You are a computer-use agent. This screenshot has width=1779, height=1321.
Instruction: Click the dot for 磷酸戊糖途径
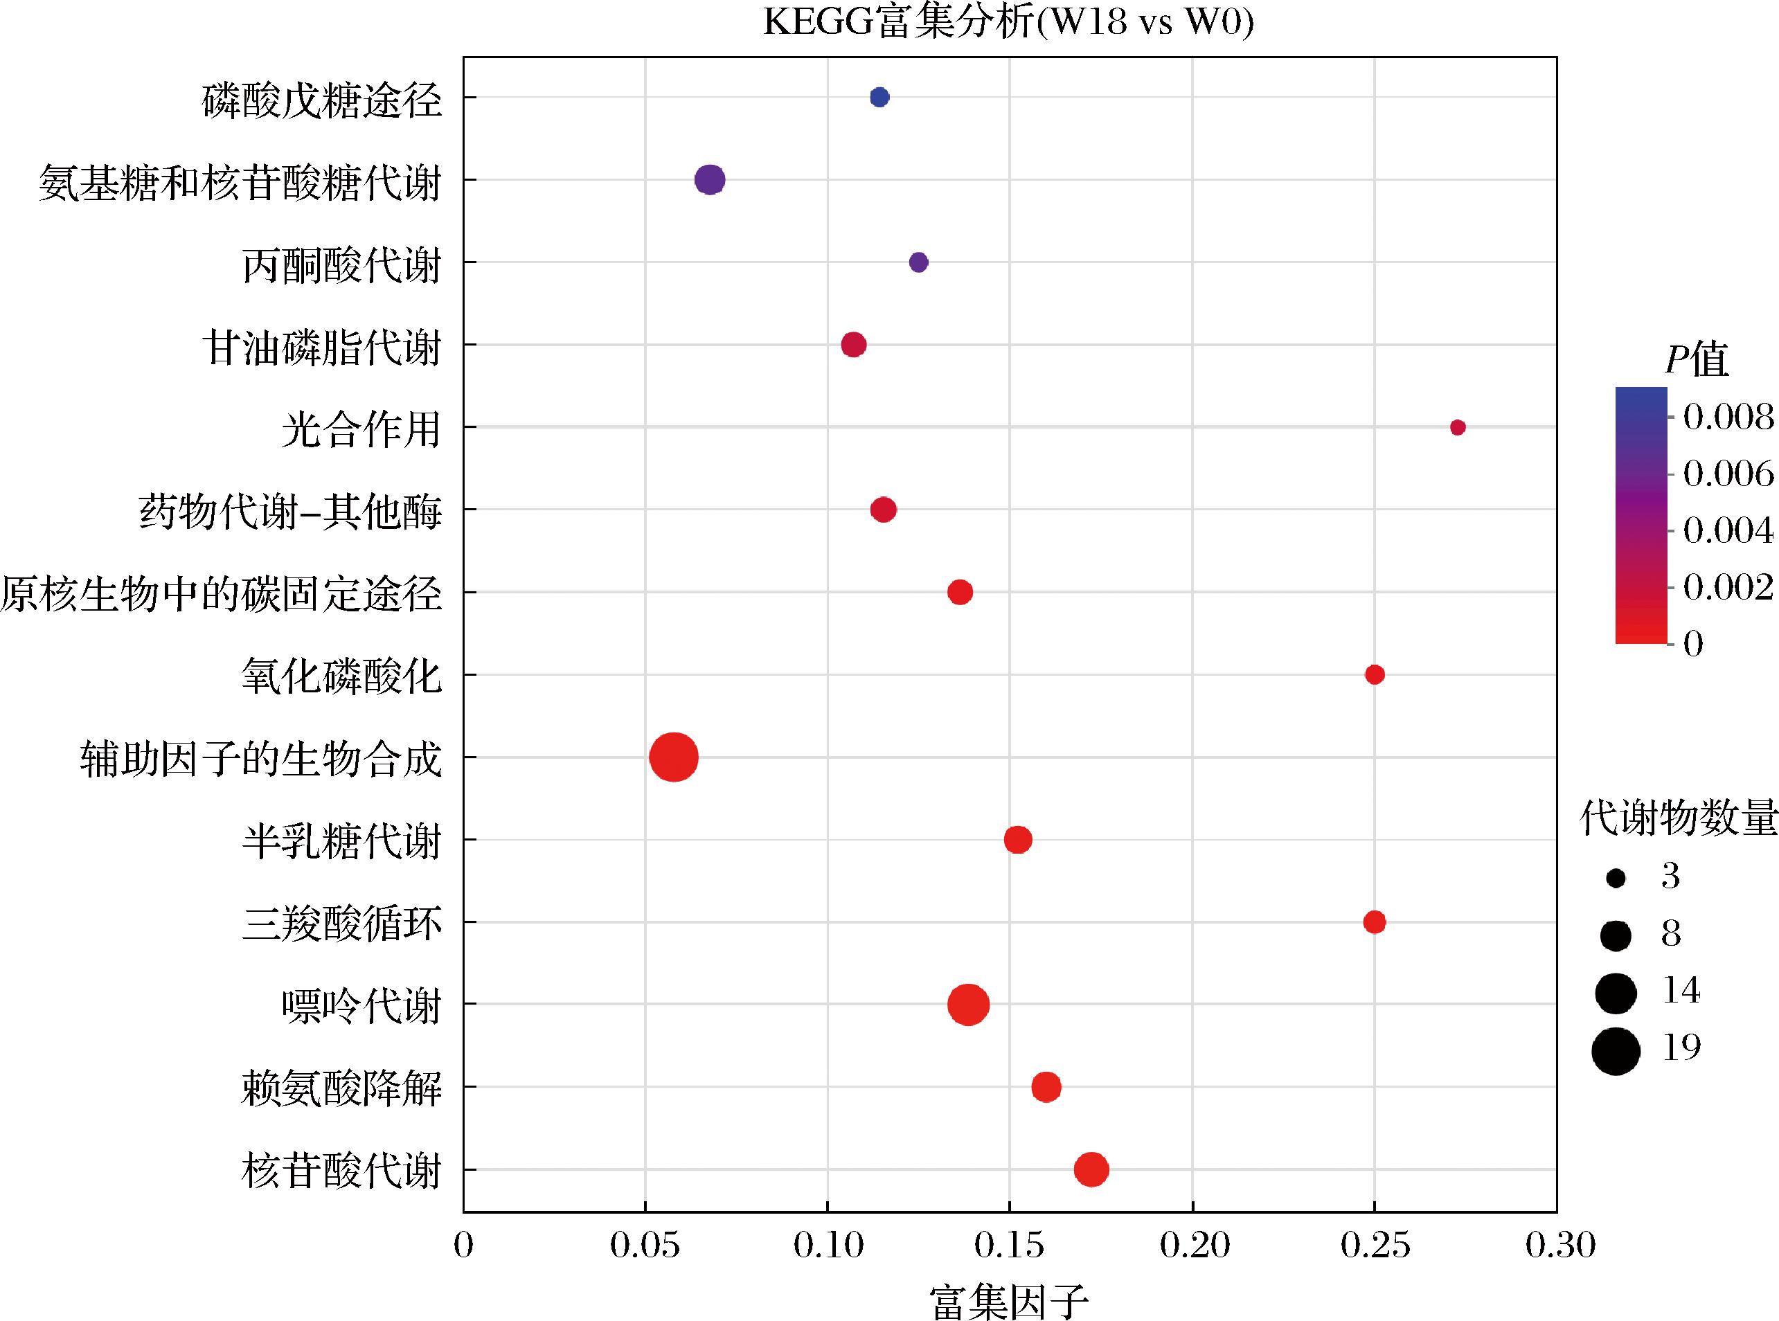[879, 98]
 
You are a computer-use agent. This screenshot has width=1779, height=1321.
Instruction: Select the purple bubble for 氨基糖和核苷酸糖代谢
[710, 180]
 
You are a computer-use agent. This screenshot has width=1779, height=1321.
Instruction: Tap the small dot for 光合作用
[1458, 427]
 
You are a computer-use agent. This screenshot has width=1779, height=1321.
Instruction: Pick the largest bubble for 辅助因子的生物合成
[674, 757]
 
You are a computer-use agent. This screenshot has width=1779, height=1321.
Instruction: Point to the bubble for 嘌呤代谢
[968, 1005]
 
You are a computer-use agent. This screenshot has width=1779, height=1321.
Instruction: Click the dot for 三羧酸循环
[1375, 922]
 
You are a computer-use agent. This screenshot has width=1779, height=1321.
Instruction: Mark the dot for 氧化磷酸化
[1375, 675]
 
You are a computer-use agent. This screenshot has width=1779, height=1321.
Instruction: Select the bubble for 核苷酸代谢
[1091, 1169]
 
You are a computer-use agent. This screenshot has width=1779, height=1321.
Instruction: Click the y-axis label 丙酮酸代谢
[341, 264]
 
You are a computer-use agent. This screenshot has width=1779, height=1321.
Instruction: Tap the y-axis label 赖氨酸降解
[341, 1088]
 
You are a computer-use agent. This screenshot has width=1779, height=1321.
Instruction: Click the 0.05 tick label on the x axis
[645, 1245]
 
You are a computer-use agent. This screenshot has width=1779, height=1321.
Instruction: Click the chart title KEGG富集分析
[1008, 21]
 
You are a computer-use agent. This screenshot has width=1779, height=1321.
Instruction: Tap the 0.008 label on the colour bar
[1728, 417]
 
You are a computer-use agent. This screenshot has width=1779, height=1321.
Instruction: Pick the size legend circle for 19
[1616, 1051]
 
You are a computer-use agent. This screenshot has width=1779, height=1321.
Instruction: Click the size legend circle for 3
[1616, 879]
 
